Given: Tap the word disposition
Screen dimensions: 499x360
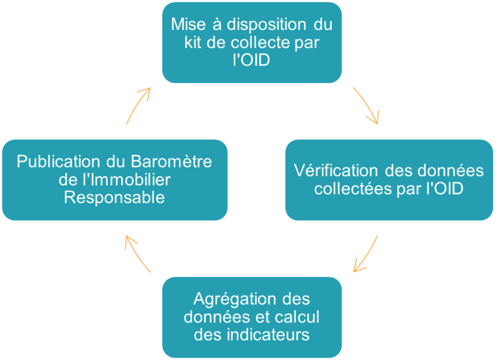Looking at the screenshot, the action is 267,25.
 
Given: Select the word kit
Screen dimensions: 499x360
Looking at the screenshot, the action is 192,42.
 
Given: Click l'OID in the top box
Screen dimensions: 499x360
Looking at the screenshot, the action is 251,59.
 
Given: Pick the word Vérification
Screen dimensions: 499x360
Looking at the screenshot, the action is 335,171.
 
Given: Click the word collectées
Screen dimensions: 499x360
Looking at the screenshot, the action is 354,189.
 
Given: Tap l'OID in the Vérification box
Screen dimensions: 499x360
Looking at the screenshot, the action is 444,189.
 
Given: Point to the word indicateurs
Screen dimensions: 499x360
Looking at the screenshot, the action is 268,335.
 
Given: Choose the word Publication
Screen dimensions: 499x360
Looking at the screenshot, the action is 59,161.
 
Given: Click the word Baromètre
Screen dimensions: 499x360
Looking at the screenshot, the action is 171,161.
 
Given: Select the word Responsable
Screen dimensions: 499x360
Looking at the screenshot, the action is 115,198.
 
